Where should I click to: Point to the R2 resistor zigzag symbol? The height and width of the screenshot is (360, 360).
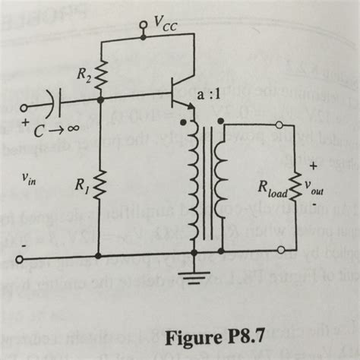tap(101, 72)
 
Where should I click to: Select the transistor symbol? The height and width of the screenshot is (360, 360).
tap(181, 94)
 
